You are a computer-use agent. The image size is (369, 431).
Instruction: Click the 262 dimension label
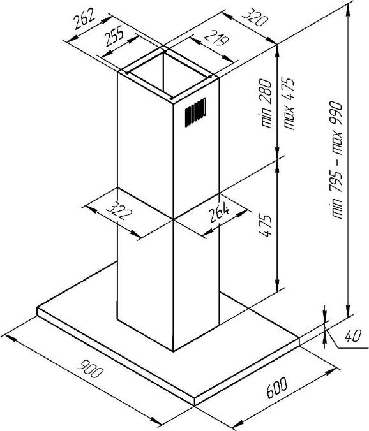84,18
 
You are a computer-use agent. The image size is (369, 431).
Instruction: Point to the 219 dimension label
216,38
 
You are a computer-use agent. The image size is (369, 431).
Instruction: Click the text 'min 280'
266,103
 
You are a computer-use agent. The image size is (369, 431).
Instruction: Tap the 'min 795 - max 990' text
336,161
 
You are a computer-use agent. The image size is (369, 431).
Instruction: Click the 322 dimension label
119,211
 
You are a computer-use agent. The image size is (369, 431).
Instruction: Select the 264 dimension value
219,212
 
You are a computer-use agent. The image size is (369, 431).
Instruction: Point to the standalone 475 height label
266,226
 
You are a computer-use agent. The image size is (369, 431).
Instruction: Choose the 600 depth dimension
276,388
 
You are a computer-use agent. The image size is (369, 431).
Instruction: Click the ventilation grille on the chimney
195,112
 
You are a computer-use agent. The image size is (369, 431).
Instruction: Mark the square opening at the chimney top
168,75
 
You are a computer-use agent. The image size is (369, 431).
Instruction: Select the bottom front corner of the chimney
174,351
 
